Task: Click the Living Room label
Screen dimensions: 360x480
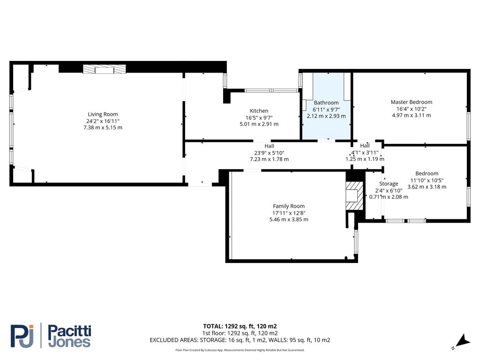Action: (103, 114)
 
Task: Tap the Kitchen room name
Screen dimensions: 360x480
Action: (259, 111)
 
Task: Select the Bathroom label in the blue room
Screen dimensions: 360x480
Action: (326, 103)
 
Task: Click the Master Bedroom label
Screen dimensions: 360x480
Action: (411, 102)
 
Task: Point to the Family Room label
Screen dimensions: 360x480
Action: (289, 206)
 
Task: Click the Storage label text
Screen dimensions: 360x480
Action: (389, 184)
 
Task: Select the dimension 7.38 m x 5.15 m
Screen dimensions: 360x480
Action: (103, 127)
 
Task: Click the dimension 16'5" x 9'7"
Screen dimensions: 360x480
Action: (259, 118)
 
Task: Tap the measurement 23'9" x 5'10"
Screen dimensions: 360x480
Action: (269, 153)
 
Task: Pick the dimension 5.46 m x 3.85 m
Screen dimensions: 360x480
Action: (289, 219)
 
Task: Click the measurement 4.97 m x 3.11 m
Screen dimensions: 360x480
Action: (411, 115)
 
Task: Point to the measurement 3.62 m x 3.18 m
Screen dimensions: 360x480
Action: (427, 187)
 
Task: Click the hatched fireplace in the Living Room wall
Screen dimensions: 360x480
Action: (105, 69)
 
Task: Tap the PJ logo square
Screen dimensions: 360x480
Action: (22, 336)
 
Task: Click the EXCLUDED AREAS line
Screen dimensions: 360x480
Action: (240, 340)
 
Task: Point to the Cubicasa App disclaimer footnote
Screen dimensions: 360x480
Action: (240, 350)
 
